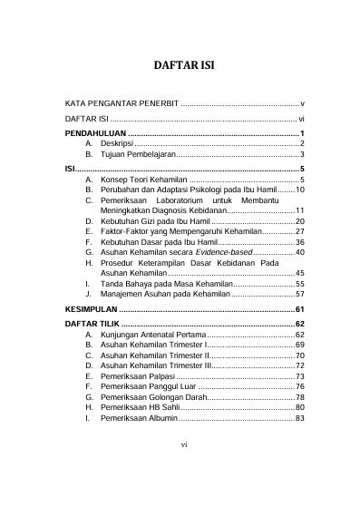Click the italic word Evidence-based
pos(224,252)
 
